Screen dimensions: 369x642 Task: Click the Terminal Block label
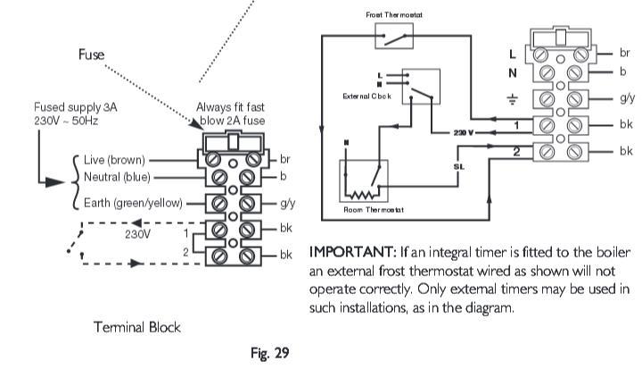[x=137, y=327]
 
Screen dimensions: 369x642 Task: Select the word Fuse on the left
[x=89, y=55]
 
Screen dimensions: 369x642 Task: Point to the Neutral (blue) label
[x=116, y=179]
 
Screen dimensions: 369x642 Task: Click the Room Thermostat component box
[x=363, y=182]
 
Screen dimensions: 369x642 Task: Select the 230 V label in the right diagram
[x=463, y=132]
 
